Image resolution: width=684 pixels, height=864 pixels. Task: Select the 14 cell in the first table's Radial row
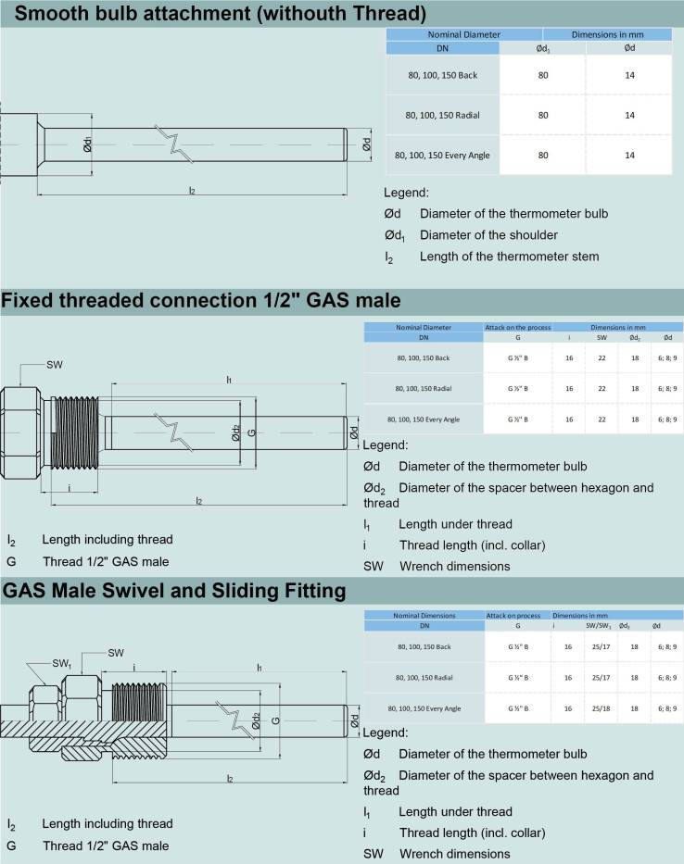629,115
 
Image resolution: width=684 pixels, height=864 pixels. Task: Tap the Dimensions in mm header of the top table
607,34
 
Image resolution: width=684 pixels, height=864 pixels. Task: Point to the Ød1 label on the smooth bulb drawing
87,144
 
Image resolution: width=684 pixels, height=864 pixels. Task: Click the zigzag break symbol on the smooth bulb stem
174,144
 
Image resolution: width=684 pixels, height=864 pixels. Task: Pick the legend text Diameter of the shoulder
488,234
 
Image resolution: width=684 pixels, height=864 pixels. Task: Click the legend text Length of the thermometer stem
509,257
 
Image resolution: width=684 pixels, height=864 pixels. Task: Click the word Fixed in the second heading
27,300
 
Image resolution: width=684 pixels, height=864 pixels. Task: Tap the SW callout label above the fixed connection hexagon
55,365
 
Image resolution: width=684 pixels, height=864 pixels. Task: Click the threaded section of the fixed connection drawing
75,432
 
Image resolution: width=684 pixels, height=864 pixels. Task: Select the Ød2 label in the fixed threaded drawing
235,432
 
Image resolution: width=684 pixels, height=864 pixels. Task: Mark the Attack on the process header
518,327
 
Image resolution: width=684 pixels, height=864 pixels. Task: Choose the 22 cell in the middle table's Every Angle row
602,419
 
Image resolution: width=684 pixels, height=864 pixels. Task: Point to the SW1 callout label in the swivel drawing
62,664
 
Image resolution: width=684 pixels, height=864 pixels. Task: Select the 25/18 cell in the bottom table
601,708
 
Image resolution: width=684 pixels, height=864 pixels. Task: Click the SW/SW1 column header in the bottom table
599,626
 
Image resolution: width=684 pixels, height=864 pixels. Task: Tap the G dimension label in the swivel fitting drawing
276,720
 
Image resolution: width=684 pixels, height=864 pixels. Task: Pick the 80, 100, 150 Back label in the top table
442,75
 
